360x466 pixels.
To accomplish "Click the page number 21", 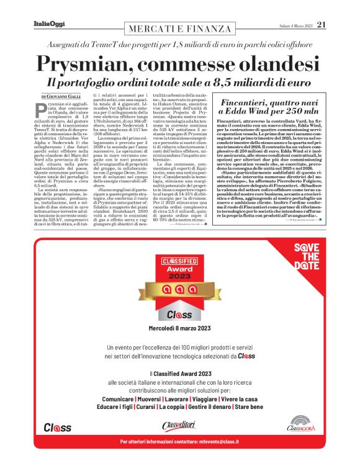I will (x=322, y=25).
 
